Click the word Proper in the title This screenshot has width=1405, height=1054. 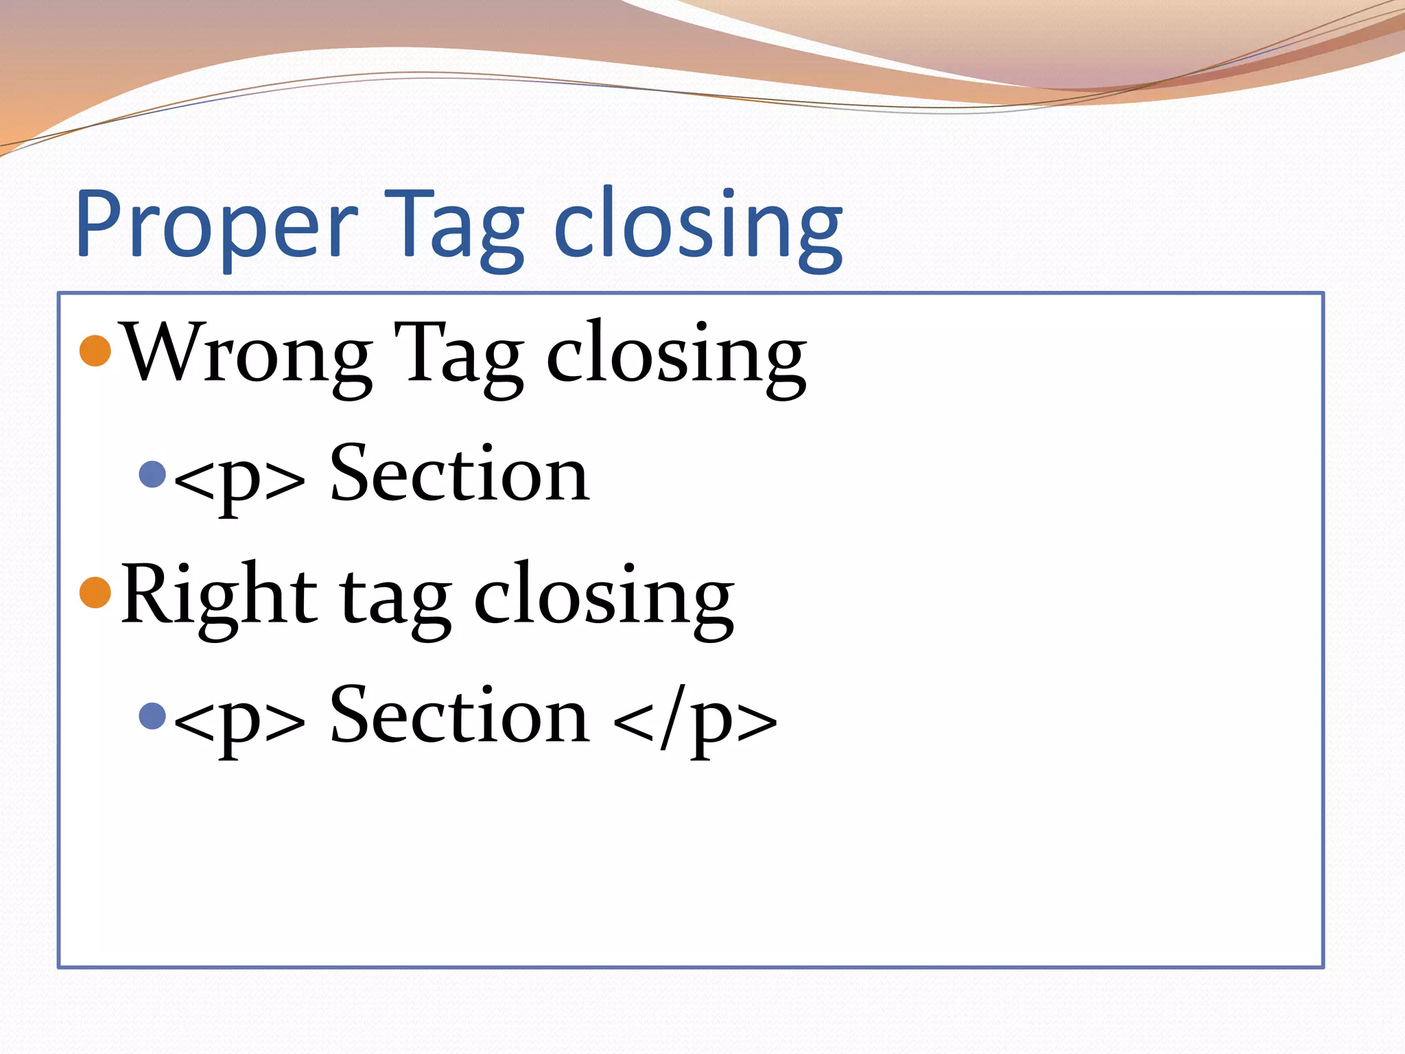216,226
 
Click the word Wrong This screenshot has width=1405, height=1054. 247,353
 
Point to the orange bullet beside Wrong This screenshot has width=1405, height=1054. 95,351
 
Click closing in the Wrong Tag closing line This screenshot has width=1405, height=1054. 676,357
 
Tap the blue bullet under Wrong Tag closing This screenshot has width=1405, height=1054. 152,473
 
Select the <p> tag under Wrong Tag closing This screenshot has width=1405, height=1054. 239,477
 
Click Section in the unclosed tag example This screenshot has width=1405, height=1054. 459,473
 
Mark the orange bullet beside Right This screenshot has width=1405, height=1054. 95,592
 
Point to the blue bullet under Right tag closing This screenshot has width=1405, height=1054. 152,716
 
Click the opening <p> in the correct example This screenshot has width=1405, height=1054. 239,719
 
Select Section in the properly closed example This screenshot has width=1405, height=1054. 459,716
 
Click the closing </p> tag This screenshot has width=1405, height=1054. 695,719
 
